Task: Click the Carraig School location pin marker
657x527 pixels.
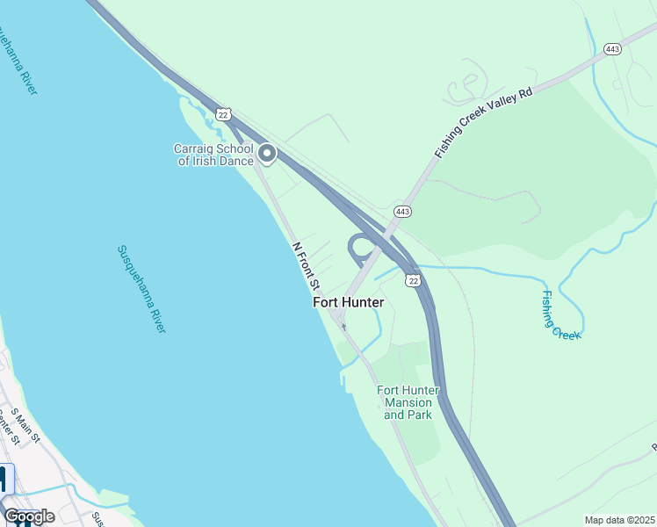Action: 267,155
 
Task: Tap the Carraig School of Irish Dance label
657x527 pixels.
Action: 213,155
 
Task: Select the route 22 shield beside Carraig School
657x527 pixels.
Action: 224,114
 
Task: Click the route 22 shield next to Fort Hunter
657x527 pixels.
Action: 413,280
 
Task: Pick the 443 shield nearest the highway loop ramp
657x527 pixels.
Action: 403,212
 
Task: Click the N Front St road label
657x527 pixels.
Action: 305,267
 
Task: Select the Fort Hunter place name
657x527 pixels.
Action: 349,302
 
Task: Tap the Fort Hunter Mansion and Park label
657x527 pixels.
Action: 408,402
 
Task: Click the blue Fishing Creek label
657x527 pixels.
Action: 560,314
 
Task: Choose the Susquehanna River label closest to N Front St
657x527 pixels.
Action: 141,288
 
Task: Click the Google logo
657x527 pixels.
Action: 29,516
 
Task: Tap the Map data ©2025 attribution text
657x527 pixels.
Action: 618,520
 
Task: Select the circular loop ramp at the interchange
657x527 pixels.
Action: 361,249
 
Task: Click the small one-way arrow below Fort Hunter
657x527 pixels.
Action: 343,328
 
